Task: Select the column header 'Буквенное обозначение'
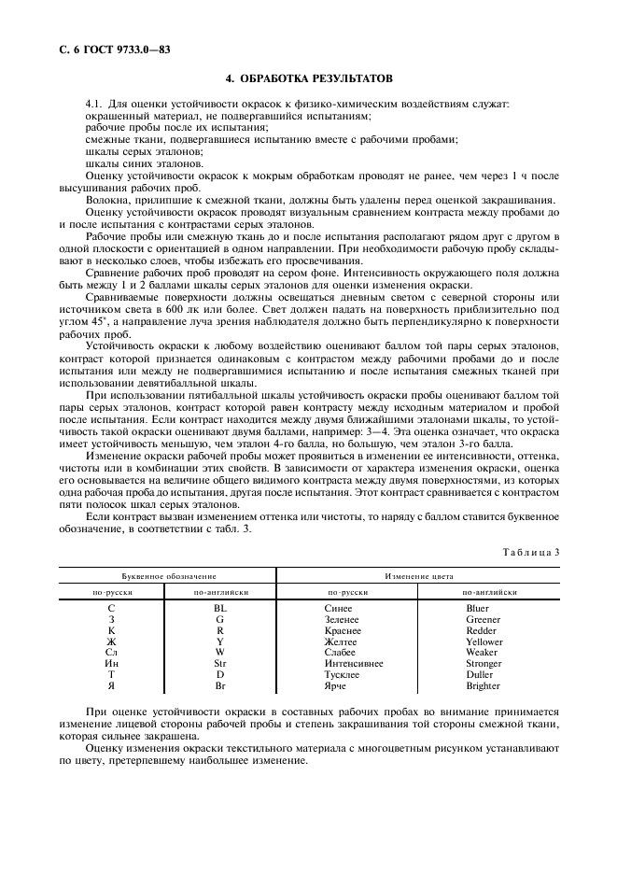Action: [x=167, y=577]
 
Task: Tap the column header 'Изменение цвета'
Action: [x=418, y=577]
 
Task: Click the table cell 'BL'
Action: [x=220, y=609]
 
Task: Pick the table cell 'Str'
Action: [x=220, y=664]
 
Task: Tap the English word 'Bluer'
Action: [x=477, y=609]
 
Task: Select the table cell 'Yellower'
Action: [x=484, y=642]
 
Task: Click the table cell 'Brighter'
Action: [x=484, y=686]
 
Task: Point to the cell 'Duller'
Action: [x=479, y=675]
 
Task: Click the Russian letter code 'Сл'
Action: [x=112, y=653]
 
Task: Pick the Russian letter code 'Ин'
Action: [x=112, y=664]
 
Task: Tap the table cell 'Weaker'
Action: [x=482, y=653]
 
